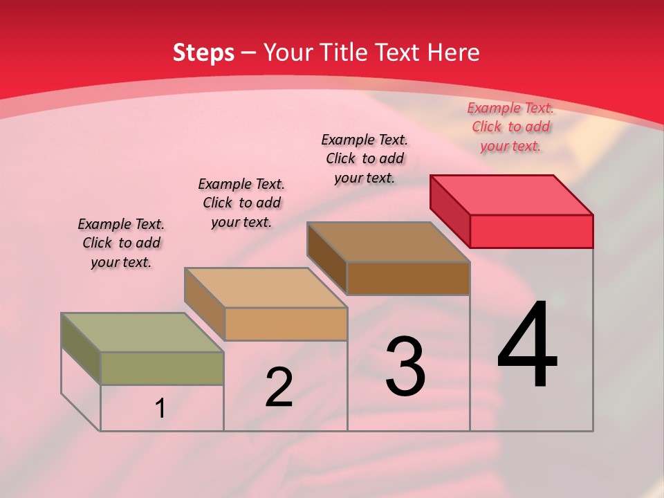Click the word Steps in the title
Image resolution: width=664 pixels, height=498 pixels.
tap(203, 53)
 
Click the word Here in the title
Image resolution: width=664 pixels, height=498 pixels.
tap(454, 53)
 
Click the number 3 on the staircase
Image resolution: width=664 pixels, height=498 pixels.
tap(405, 367)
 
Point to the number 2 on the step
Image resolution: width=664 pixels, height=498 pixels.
tap(279, 387)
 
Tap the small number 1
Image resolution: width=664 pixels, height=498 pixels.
tap(160, 409)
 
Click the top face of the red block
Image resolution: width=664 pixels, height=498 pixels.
tap(511, 194)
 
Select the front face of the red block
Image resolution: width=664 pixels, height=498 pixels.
tap(531, 231)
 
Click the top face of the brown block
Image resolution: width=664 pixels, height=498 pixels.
tap(388, 241)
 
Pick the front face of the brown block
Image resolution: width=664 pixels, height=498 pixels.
tap(408, 278)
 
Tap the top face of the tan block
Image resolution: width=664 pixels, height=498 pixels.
tap(265, 287)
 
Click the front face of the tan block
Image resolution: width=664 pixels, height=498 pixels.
tap(286, 324)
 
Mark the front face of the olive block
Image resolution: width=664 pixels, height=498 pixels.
tap(162, 368)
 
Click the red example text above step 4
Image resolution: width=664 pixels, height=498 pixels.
tap(510, 127)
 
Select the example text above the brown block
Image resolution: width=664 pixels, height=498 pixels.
tap(365, 158)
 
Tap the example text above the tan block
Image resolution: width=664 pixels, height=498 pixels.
tap(241, 203)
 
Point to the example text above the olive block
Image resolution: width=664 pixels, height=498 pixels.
tap(121, 243)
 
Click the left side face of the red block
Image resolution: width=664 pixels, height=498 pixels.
tap(450, 210)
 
